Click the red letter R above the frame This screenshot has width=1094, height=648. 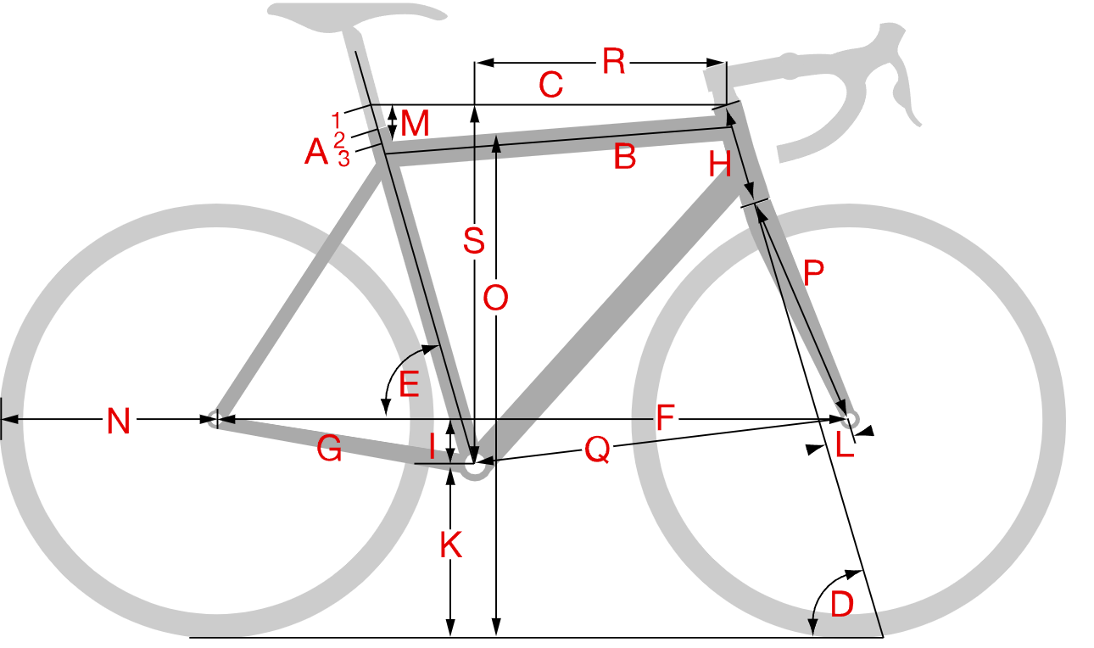[x=613, y=62]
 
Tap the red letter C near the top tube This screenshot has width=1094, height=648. [x=551, y=85]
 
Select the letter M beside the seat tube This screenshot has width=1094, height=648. [x=415, y=123]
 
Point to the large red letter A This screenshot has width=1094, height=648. [x=316, y=151]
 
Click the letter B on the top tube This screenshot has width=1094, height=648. [x=625, y=156]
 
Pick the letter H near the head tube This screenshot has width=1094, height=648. [x=720, y=164]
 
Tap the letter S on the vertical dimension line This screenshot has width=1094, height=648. [x=474, y=240]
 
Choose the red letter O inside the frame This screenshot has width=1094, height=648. [x=495, y=298]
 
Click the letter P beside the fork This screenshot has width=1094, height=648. [x=813, y=272]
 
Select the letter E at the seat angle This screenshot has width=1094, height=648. [x=409, y=384]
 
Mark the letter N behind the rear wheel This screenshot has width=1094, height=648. [x=118, y=421]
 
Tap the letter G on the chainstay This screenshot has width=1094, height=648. [x=329, y=449]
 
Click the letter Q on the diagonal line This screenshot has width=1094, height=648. [x=597, y=450]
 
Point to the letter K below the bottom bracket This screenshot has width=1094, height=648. [x=451, y=545]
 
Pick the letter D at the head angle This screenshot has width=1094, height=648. [x=842, y=604]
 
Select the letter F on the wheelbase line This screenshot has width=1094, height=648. [x=665, y=417]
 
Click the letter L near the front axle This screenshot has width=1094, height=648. [x=845, y=444]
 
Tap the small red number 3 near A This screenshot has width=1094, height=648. [x=343, y=159]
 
